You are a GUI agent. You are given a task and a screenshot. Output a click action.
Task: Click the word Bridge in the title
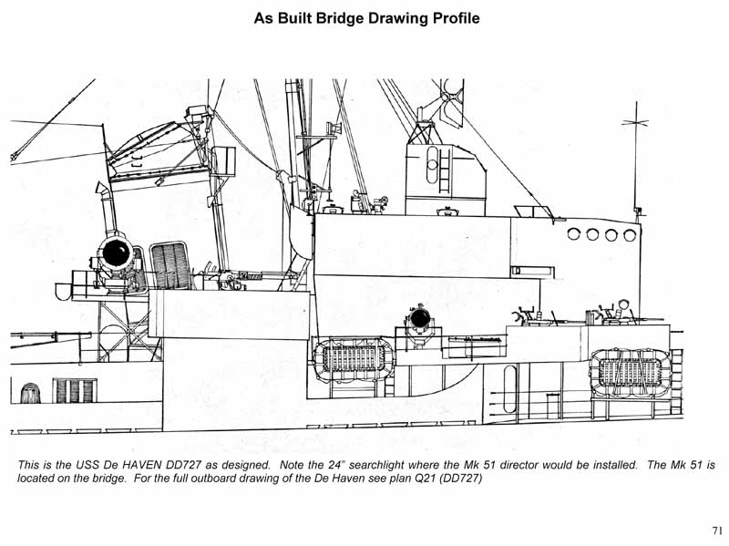tap(340, 18)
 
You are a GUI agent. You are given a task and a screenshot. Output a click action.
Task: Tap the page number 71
tap(717, 531)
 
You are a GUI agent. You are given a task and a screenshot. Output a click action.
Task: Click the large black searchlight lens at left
tap(116, 252)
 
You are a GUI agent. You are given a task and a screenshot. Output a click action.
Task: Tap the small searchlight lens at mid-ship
tap(420, 318)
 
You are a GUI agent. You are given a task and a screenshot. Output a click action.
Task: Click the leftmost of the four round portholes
tap(574, 234)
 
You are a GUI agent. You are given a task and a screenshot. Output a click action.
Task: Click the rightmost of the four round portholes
tap(630, 235)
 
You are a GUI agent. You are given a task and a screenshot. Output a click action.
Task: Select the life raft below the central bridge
tap(354, 357)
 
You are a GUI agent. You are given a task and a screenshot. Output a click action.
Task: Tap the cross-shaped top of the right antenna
tap(635, 122)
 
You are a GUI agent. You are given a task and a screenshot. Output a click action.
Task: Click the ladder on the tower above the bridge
tap(445, 169)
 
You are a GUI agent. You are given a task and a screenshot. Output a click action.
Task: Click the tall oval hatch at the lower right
tap(510, 388)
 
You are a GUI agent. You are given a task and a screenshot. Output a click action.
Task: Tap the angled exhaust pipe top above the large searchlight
tap(103, 189)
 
